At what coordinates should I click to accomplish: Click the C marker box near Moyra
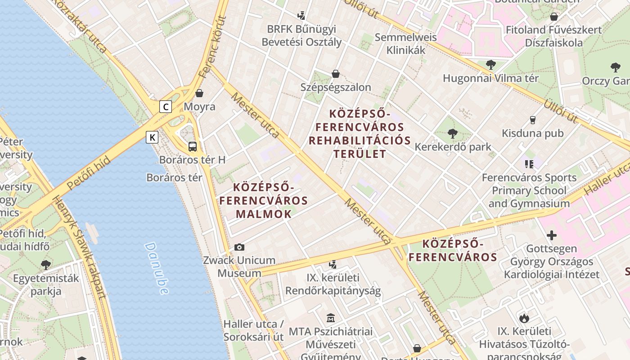[x=166, y=107]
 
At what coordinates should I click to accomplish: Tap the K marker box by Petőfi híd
[x=152, y=137]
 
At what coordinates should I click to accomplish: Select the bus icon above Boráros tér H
[x=193, y=146]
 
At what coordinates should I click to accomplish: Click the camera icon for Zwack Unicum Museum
[x=239, y=247]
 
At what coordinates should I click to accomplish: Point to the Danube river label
[x=157, y=269]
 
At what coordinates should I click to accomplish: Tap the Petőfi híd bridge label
[x=88, y=173]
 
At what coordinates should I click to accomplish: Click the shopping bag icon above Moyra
[x=199, y=93]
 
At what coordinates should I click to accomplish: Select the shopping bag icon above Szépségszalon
[x=335, y=73]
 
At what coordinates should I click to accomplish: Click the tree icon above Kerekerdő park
[x=453, y=133]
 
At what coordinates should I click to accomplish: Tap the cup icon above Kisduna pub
[x=533, y=120]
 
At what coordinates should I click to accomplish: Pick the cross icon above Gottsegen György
[x=552, y=235]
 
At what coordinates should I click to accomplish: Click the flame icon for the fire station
[x=524, y=318]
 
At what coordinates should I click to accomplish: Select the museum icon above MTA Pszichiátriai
[x=331, y=318]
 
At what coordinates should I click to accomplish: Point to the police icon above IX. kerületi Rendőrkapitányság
[x=333, y=265]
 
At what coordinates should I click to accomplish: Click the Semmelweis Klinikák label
[x=405, y=44]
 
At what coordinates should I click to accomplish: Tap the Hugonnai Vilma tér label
[x=490, y=78]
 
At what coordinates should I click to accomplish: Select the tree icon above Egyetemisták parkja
[x=45, y=265]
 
